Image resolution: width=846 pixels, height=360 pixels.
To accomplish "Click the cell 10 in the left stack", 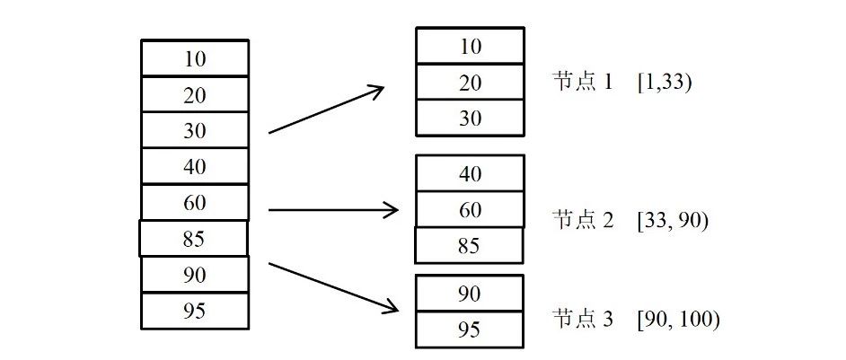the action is [195, 57].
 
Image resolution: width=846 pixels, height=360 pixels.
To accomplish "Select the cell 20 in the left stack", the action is [195, 94].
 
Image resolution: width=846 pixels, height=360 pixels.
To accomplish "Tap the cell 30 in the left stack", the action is [195, 130].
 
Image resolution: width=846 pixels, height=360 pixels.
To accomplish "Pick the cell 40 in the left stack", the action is [195, 167].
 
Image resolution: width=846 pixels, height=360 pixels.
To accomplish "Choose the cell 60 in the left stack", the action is [195, 203].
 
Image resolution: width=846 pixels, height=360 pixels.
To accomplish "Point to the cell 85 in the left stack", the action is [194, 238].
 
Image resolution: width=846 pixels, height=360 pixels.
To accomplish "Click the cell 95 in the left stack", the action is [195, 312].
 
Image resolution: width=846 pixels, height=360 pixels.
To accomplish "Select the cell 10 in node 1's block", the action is [470, 46].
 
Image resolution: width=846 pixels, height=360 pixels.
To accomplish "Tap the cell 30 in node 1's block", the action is [470, 119].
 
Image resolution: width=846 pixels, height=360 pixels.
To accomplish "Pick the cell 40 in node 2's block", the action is [470, 173].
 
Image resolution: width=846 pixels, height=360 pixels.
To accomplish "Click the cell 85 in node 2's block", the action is [469, 246].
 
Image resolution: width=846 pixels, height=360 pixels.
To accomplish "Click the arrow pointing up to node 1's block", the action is [326, 109].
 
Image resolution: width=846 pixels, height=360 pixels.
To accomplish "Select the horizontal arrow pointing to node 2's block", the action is [333, 209].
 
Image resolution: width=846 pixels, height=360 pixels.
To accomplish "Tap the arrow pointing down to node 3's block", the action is [333, 287].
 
